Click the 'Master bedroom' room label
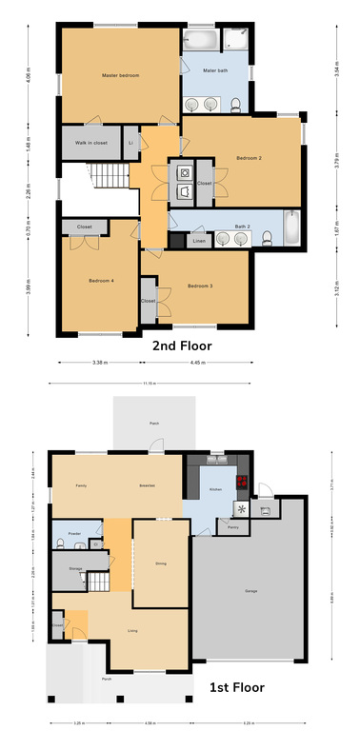(x=121, y=74)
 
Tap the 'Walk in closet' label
(x=86, y=142)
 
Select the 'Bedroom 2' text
(x=248, y=158)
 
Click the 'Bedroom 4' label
(x=101, y=281)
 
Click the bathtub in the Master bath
(x=200, y=40)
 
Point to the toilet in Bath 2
(x=270, y=237)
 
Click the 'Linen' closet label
(x=198, y=242)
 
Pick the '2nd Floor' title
(x=182, y=346)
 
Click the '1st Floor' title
(x=236, y=685)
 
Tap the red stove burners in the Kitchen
(x=242, y=483)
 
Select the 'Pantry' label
(x=232, y=524)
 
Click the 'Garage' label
(x=251, y=591)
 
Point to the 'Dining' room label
(x=160, y=563)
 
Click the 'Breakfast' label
(x=147, y=485)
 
